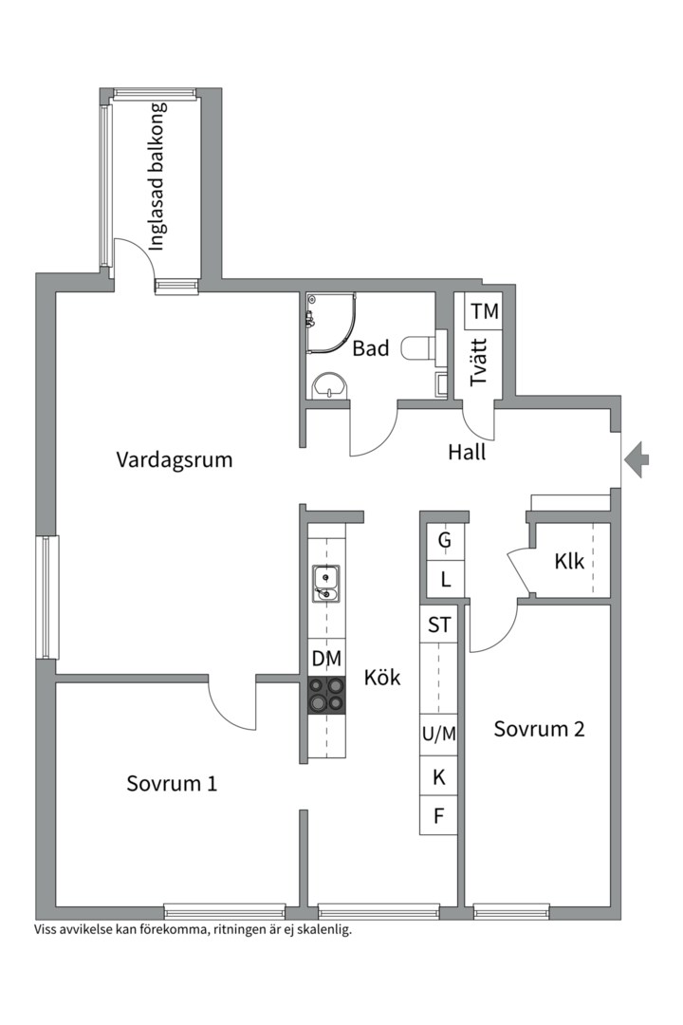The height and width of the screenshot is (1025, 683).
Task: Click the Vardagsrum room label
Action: tap(175, 460)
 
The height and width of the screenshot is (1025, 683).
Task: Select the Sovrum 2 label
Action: tap(539, 729)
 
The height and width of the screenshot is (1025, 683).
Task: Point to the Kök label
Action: tap(382, 678)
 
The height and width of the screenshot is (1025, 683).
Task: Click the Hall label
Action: tap(467, 453)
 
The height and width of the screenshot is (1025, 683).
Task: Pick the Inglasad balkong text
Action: tap(157, 176)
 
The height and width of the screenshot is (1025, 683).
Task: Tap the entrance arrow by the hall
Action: tap(637, 460)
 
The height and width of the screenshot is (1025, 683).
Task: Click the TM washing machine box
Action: tap(484, 311)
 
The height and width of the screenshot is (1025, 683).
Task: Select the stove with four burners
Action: tap(326, 695)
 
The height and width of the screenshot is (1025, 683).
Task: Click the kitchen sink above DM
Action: tap(325, 582)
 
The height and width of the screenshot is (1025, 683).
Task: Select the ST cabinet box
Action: tap(440, 624)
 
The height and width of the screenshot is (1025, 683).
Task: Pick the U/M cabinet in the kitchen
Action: tap(439, 733)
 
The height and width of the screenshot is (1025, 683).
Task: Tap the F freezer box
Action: tap(439, 815)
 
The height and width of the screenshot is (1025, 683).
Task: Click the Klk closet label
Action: tap(569, 561)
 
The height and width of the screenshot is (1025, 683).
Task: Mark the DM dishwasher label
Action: tap(326, 658)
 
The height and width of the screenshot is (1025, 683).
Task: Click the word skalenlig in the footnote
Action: tap(322, 930)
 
